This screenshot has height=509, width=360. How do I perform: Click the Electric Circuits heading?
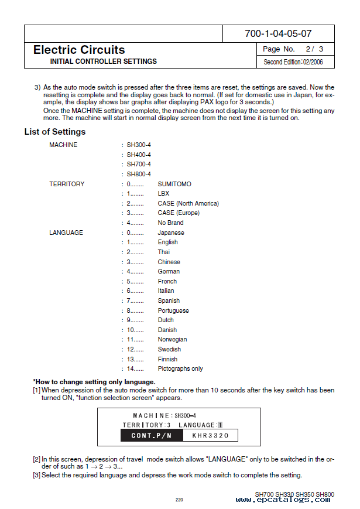pyautogui.click(x=79, y=50)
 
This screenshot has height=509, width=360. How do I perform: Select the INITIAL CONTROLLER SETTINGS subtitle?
pyautogui.click(x=103, y=62)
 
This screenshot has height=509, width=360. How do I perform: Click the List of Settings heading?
pyautogui.click(x=54, y=132)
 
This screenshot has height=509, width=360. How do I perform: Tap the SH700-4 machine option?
pyautogui.click(x=139, y=165)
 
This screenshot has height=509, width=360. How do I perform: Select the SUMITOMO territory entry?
pyautogui.click(x=174, y=184)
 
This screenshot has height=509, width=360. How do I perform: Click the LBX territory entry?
pyautogui.click(x=163, y=194)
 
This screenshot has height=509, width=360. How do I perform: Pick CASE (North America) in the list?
pyautogui.click(x=188, y=203)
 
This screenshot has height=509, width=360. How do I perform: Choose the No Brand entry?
pyautogui.click(x=170, y=223)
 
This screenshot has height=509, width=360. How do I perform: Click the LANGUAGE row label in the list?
pyautogui.click(x=66, y=233)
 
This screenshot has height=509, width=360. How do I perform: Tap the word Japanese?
pyautogui.click(x=171, y=233)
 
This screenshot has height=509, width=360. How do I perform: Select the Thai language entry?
pyautogui.click(x=164, y=252)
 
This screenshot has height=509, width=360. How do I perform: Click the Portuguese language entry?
pyautogui.click(x=173, y=310)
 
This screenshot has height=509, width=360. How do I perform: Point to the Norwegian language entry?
pyautogui.click(x=172, y=339)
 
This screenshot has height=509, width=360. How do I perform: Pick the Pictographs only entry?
pyautogui.click(x=180, y=368)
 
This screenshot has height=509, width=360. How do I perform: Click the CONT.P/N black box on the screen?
pyautogui.click(x=151, y=435)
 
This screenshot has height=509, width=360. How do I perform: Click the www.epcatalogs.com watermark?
pyautogui.click(x=283, y=500)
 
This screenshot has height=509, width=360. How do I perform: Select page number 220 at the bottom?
pyautogui.click(x=180, y=500)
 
